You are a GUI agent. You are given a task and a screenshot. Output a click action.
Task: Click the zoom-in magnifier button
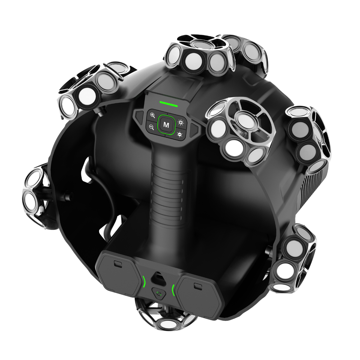tap(152, 115)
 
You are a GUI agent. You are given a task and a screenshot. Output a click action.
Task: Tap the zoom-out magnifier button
tap(152, 127)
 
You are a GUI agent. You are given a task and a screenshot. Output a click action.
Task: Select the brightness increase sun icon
tap(181, 123)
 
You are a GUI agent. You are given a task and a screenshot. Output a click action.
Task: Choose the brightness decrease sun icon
tap(180, 134)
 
